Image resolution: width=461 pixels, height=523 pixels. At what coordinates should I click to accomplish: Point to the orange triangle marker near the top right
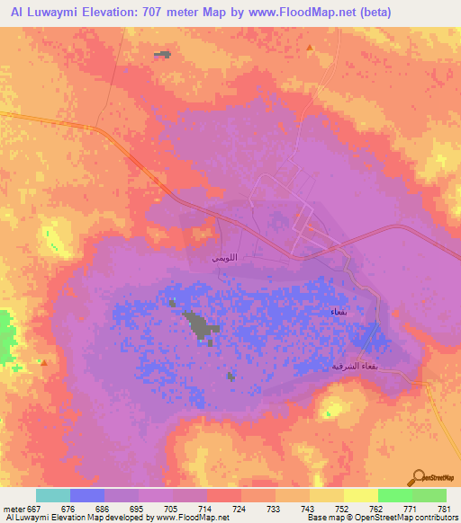click(x=310, y=48)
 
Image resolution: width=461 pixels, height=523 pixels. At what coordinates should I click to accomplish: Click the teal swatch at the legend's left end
click(x=53, y=495)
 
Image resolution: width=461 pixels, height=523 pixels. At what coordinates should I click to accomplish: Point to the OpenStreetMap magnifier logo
click(x=419, y=479)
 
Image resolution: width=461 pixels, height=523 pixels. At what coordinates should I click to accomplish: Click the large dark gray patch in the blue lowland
click(x=201, y=324)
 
